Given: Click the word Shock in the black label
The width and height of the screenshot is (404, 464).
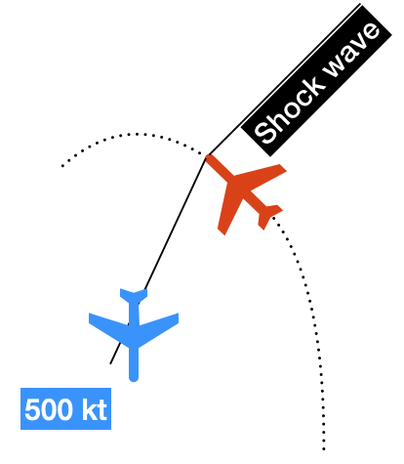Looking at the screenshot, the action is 289,110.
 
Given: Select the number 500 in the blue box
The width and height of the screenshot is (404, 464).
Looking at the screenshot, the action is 49,409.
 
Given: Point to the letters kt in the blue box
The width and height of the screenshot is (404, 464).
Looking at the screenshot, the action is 95,409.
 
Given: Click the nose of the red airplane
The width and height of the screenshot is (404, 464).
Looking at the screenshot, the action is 209,157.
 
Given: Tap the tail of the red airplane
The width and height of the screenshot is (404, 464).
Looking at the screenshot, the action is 269,215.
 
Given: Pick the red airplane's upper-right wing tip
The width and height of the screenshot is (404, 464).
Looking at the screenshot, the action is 282,168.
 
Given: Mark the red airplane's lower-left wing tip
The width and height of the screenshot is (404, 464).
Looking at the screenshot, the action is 222,231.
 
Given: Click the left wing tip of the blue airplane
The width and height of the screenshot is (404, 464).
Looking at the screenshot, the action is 91,318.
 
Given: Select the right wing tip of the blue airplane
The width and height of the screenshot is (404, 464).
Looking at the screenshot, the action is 177,318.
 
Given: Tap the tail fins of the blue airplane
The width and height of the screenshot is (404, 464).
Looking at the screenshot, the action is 134,294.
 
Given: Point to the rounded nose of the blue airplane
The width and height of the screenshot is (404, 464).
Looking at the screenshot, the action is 134,378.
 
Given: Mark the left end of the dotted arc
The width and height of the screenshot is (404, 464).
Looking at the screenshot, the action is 62,166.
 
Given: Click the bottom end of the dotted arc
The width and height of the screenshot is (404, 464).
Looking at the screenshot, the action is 324,449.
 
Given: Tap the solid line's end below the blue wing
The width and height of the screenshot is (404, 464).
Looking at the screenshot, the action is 110,363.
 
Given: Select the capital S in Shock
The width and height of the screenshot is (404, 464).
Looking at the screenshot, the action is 264,134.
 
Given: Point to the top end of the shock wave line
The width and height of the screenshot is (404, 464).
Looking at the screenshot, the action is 360,4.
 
